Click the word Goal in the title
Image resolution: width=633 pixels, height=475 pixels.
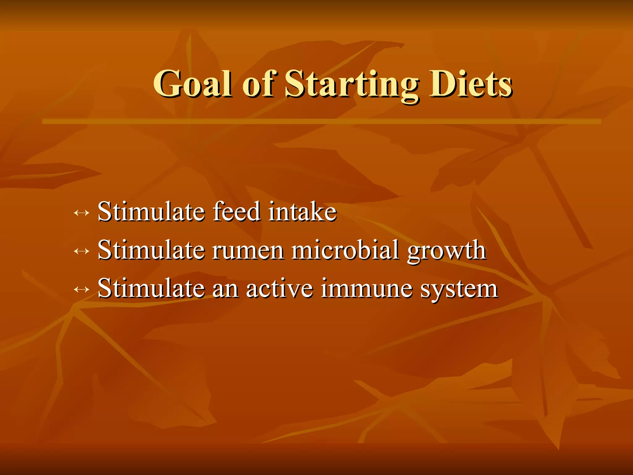(193, 83)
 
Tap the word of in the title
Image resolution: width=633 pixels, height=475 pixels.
(258, 83)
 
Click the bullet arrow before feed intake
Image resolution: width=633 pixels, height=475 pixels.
(82, 213)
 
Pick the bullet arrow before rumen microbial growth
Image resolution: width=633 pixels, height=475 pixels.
(82, 251)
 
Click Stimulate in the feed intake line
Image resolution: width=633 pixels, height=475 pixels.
(151, 212)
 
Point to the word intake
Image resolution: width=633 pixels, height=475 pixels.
(302, 212)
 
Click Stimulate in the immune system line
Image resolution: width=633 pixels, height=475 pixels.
(151, 288)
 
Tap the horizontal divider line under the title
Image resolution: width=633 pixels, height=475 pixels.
(321, 122)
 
